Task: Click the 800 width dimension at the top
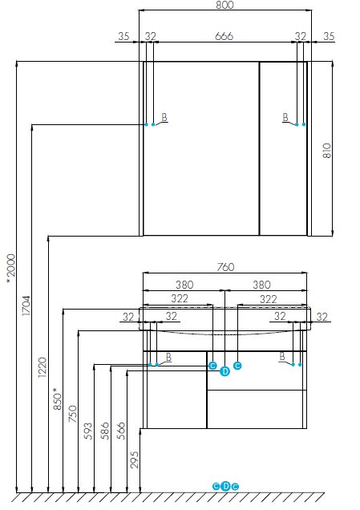[x=224, y=5]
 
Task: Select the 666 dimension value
[x=224, y=36]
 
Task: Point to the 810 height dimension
[x=327, y=151]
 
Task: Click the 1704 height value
[x=26, y=306]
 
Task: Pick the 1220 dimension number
[x=42, y=367]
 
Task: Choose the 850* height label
[x=58, y=399]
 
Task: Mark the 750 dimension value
[x=73, y=414]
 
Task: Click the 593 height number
[x=88, y=431]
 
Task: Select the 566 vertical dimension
[x=121, y=431]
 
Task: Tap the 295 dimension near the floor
[x=135, y=459]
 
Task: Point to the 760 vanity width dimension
[x=225, y=267]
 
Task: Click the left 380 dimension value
[x=184, y=285]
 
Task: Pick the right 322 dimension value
[x=269, y=299]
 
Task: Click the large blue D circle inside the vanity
[x=224, y=371]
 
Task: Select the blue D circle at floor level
[x=225, y=486]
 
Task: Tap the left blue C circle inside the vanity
[x=212, y=366]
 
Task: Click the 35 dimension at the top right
[x=329, y=36]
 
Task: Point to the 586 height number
[x=105, y=431]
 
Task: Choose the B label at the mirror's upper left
[x=164, y=117]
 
